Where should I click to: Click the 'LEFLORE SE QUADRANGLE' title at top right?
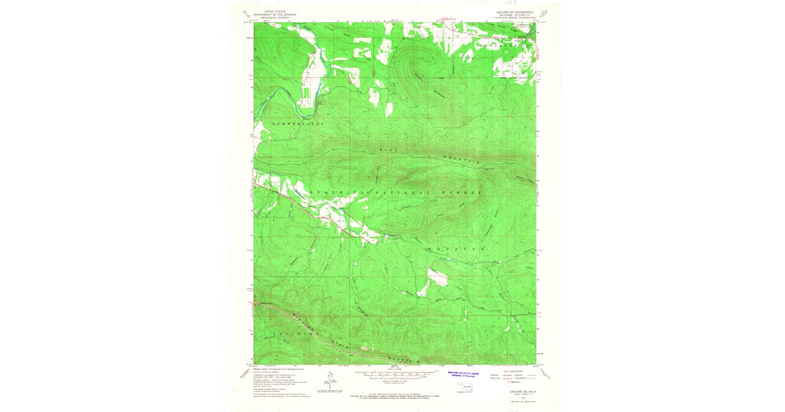[515, 12]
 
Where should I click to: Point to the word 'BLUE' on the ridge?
[389, 151]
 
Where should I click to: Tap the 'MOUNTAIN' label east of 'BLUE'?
[462, 160]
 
